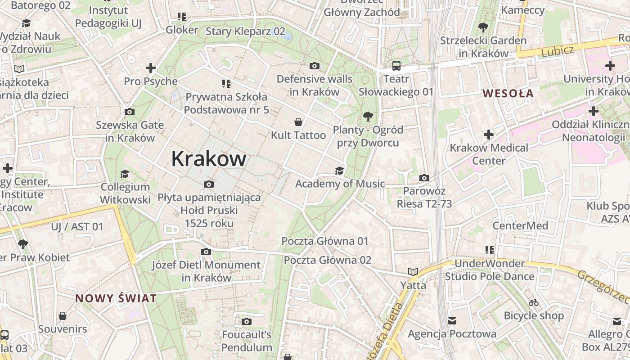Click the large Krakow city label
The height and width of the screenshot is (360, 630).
(x=209, y=159)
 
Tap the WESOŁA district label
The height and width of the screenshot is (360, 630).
(x=508, y=94)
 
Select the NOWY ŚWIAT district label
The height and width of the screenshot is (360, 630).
(x=116, y=298)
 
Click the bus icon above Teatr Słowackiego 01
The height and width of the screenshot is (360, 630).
(x=396, y=66)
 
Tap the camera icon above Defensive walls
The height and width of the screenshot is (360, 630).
(x=315, y=66)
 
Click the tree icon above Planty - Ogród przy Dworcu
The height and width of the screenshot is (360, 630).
(x=368, y=117)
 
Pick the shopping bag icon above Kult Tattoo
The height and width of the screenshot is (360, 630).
(x=298, y=122)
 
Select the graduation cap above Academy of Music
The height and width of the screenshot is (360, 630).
(x=339, y=171)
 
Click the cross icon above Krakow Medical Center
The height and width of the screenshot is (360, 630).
(x=489, y=135)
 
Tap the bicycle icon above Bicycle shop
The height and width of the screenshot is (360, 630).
(x=534, y=302)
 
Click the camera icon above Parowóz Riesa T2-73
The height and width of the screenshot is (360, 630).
(x=424, y=178)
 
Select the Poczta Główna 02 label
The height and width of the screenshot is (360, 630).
(x=328, y=260)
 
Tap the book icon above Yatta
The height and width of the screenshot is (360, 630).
(x=413, y=272)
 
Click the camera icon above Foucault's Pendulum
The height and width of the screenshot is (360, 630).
(x=246, y=321)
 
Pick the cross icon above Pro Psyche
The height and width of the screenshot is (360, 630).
(x=151, y=68)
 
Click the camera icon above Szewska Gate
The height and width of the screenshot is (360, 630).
(x=130, y=112)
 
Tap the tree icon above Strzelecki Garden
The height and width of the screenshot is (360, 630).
(x=483, y=27)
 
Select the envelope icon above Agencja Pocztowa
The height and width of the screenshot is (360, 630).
(x=452, y=321)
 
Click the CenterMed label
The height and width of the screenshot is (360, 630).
(x=520, y=225)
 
